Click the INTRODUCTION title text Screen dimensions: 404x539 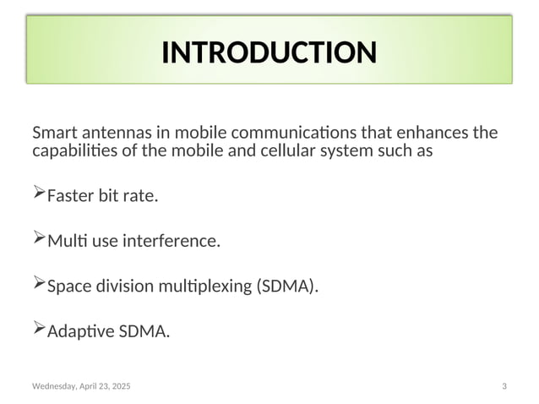click(269, 52)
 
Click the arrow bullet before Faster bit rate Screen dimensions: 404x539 click(38, 195)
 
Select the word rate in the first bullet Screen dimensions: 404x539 click(140, 197)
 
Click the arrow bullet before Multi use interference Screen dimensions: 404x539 click(38, 240)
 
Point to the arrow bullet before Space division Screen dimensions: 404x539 click(38, 285)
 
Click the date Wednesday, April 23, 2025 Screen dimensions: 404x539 click(81, 386)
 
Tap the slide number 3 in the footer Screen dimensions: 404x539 click(504, 386)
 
